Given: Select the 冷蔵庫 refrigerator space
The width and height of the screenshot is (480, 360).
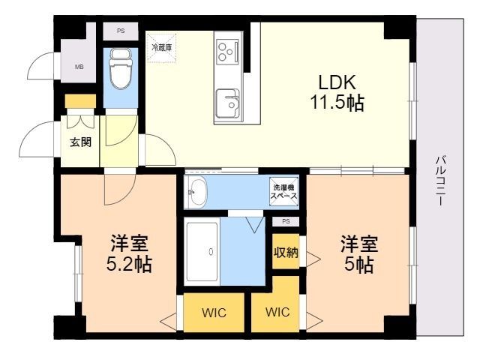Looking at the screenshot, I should coord(161,47).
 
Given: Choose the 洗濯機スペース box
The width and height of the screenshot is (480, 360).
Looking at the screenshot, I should coord(284,190).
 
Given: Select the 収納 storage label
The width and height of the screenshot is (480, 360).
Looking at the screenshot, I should coord(285,253).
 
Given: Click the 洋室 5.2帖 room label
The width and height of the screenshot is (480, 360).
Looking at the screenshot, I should coord(129,253).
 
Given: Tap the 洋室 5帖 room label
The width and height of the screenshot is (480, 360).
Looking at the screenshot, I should coord(359,253).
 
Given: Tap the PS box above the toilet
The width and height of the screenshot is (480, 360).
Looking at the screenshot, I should coord(121,31).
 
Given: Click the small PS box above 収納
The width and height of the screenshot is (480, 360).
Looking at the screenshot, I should coord(285,222).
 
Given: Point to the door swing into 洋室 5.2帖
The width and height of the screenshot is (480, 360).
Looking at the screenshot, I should coord(118,187).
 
